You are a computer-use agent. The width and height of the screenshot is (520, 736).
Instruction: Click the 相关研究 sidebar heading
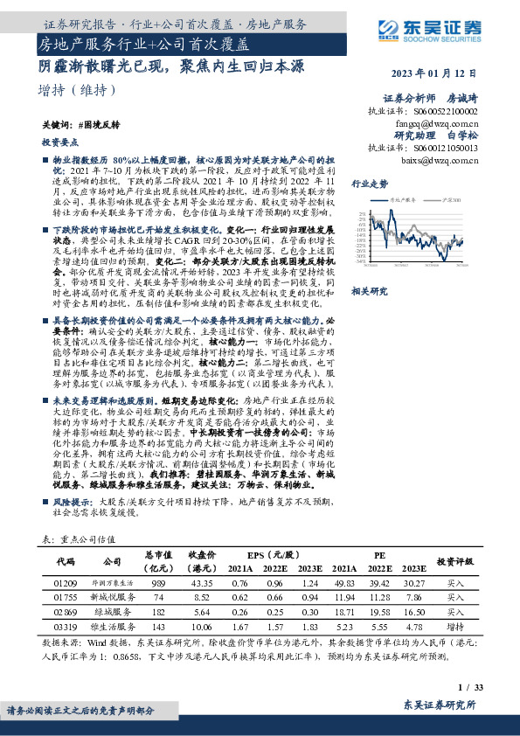pyautogui.click(x=370, y=290)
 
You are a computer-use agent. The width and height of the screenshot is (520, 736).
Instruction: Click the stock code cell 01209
pyautogui.click(x=66, y=582)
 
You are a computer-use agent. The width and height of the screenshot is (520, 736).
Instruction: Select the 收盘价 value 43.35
pyautogui.click(x=203, y=582)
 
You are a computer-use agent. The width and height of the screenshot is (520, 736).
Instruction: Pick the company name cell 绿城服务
pyautogui.click(x=113, y=614)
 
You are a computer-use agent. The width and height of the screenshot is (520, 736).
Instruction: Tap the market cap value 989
pyautogui.click(x=158, y=582)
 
